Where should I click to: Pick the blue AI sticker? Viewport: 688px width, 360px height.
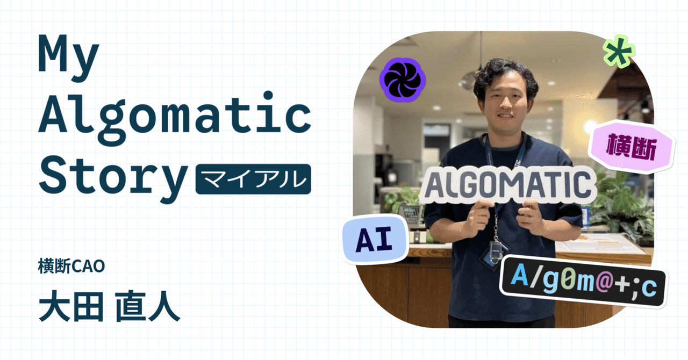click(374, 240)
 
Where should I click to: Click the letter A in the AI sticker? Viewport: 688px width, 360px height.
click(364, 240)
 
